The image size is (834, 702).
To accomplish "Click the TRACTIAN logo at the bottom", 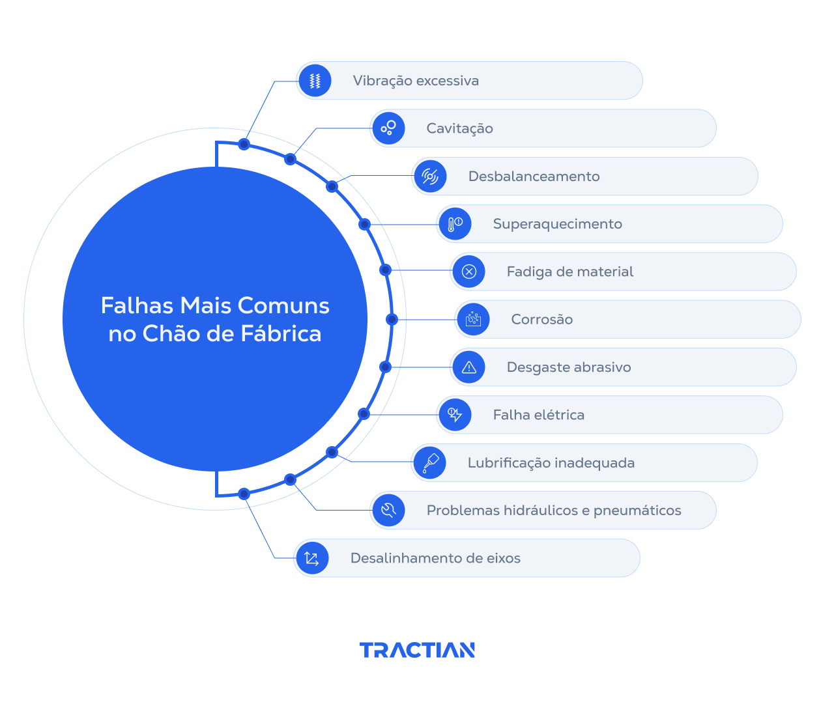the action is (x=417, y=650).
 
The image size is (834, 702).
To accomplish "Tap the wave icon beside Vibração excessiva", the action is (x=315, y=81).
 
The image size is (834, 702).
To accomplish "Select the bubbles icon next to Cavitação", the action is (x=388, y=128).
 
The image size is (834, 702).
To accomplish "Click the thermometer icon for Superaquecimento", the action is (x=455, y=224).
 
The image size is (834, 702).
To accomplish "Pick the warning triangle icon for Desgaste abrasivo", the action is (x=468, y=367).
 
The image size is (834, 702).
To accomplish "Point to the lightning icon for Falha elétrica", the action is (x=455, y=415).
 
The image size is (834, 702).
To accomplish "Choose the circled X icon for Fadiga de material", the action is (x=468, y=272).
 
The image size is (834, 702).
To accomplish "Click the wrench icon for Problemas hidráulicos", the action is (x=388, y=510).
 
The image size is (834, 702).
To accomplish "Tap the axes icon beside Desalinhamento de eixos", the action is (x=311, y=558).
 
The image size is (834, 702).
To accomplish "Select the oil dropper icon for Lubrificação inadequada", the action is (x=430, y=462).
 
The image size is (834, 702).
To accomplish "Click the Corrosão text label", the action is (x=541, y=320).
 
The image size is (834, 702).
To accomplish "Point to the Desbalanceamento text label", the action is (x=534, y=176).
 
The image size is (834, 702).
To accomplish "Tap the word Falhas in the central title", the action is (x=137, y=305).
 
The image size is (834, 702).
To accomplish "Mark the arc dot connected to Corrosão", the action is (x=392, y=319).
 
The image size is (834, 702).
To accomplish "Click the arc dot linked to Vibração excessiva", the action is (x=244, y=144).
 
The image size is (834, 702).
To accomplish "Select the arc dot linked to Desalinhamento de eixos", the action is (x=244, y=494).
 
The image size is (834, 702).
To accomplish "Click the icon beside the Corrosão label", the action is (x=473, y=319).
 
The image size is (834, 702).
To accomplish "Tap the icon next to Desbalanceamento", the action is (x=430, y=176).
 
